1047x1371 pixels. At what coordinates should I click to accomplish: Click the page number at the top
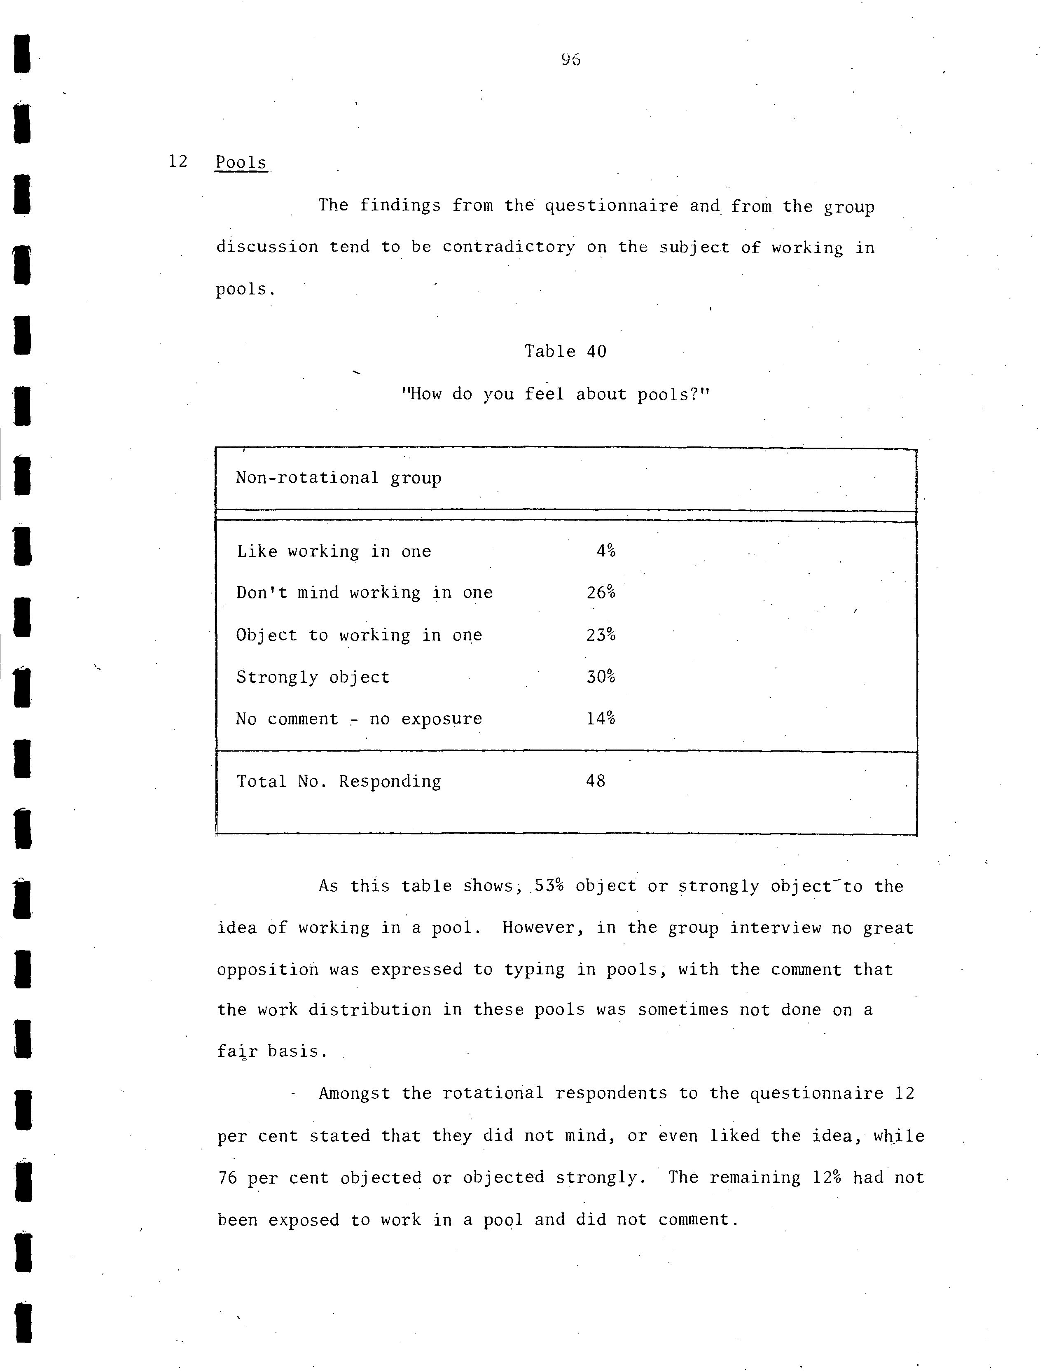(570, 60)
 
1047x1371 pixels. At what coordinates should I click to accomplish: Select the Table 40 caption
(565, 351)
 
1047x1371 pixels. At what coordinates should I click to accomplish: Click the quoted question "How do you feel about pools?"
(555, 394)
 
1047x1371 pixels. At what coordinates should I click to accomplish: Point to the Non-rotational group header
(339, 478)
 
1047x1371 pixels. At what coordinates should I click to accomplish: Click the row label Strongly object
(313, 677)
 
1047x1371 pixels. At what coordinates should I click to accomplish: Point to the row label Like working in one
(334, 551)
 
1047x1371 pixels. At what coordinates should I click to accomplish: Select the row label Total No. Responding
(339, 782)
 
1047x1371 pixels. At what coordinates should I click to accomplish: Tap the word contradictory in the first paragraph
(509, 248)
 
